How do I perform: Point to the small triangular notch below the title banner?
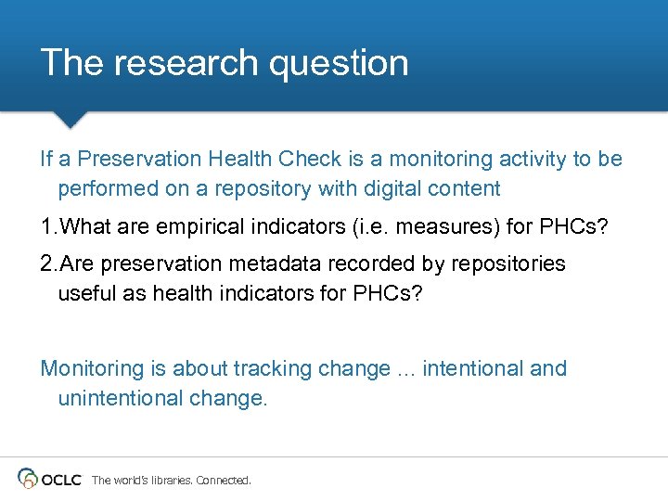70,120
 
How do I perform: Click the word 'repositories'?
507,264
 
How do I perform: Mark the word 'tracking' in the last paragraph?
274,369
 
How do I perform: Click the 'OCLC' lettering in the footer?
62,479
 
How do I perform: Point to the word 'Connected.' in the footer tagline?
224,481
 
